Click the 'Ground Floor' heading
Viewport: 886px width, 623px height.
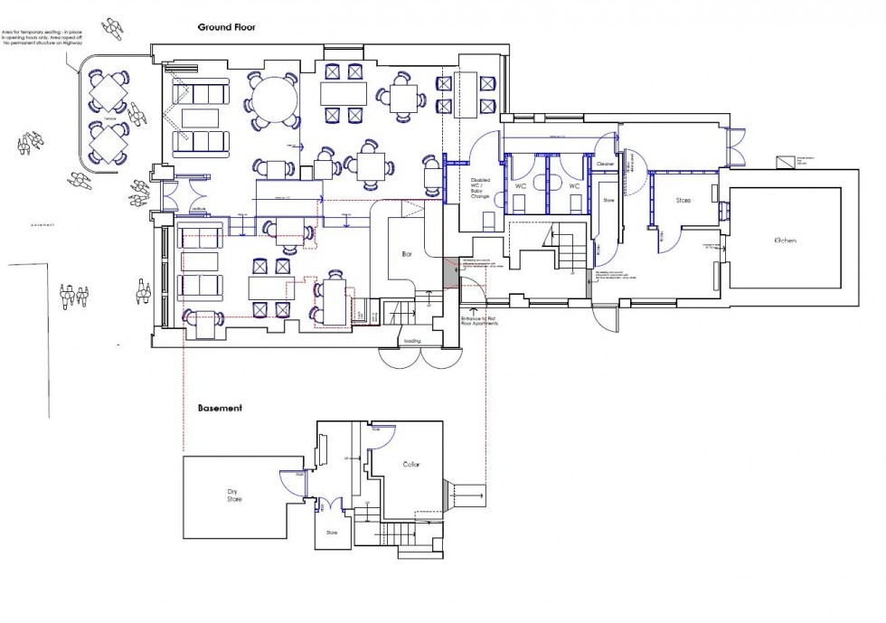click(x=227, y=27)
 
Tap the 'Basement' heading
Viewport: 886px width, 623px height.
click(x=220, y=408)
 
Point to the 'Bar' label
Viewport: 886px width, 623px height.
click(x=406, y=256)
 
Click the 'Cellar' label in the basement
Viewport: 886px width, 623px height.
click(x=411, y=465)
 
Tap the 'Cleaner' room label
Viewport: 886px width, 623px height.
click(x=605, y=164)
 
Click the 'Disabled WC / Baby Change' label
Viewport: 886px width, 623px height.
click(x=479, y=188)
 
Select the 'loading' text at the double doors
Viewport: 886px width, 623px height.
click(x=412, y=341)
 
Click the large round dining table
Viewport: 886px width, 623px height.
click(x=273, y=100)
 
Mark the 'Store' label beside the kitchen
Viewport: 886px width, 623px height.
click(x=683, y=200)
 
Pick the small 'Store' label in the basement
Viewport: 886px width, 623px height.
click(x=332, y=533)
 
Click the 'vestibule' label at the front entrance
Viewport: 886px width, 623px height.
click(x=200, y=209)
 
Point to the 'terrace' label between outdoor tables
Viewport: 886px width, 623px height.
click(x=109, y=118)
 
